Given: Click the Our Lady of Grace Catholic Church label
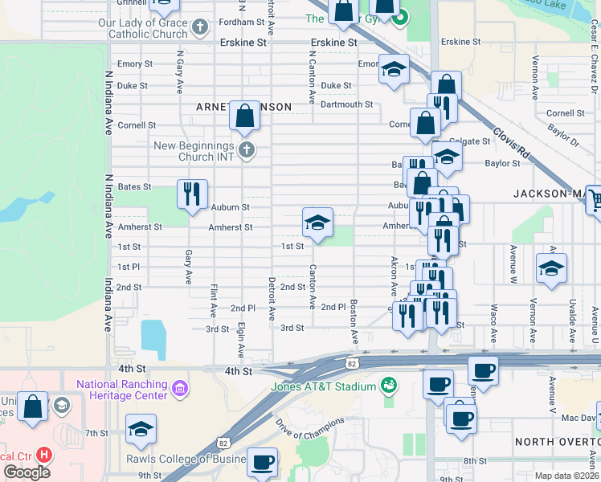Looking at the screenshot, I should point(142,30).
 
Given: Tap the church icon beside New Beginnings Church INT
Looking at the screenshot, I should point(247,150).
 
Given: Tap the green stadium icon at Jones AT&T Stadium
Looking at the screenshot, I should point(389,386).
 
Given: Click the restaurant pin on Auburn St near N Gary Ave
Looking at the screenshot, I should point(192,194).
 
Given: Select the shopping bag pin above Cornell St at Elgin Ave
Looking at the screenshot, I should point(245,117).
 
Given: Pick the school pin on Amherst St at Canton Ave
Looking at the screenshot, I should point(317,223).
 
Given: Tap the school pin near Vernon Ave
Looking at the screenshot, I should point(551,268).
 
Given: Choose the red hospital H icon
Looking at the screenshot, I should point(44,455).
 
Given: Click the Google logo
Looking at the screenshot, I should point(27,472).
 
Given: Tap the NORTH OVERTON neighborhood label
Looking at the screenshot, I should point(557,442).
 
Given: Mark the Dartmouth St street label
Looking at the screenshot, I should point(346,104).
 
